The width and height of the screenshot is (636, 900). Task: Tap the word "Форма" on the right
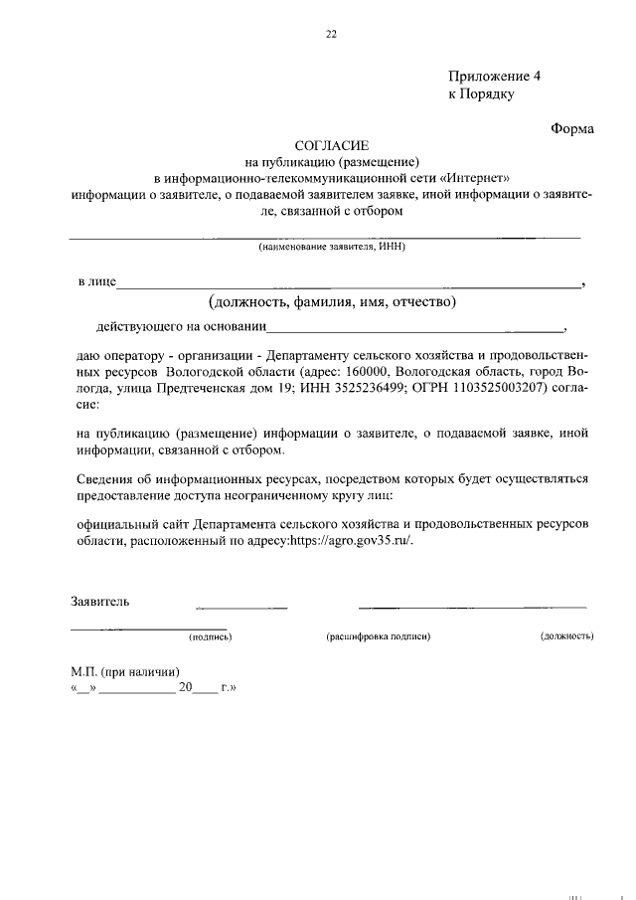[572, 128]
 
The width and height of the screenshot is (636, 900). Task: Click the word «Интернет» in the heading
[481, 177]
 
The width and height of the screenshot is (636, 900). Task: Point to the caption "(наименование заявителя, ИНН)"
[332, 246]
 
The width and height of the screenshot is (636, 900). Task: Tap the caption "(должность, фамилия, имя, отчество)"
[332, 301]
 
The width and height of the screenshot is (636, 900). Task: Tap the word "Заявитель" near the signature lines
[99, 602]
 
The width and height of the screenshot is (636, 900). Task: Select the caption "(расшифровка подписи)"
[378, 635]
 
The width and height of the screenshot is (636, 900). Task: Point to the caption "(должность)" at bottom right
[566, 635]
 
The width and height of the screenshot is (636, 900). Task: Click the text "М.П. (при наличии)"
[124, 671]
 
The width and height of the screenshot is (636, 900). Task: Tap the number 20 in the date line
[184, 687]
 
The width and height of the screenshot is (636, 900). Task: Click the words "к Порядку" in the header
[481, 94]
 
